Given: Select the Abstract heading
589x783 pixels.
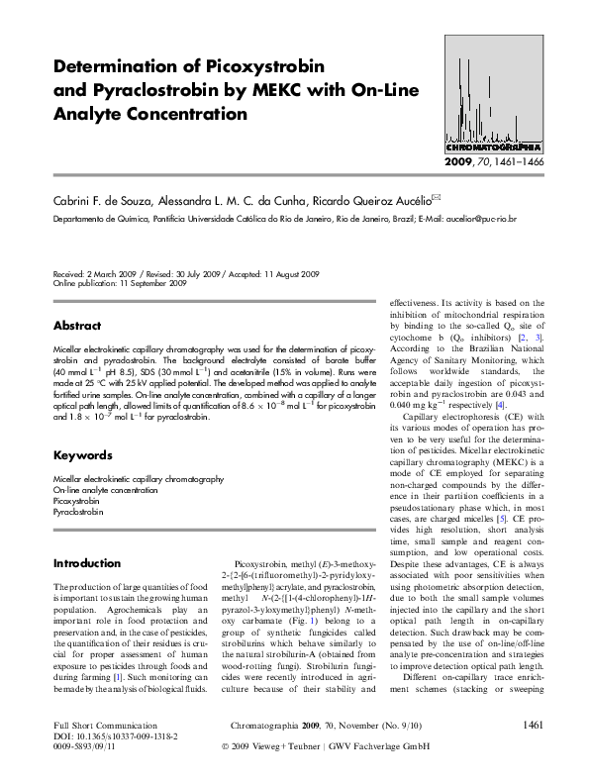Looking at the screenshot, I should pyautogui.click(x=76, y=326).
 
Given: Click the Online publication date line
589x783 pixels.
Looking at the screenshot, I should pyautogui.click(x=120, y=283).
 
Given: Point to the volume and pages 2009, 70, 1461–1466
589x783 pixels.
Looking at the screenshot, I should pyautogui.click(x=491, y=161).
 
